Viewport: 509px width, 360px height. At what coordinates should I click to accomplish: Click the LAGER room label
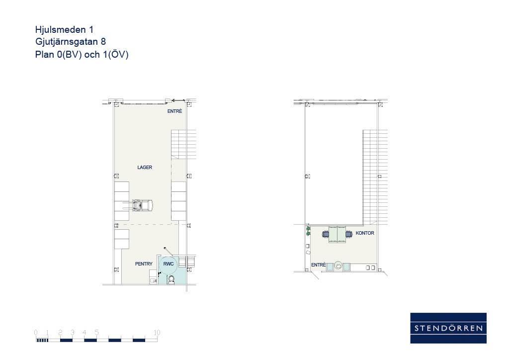coord(145,168)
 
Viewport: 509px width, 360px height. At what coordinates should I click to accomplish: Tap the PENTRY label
coord(144,264)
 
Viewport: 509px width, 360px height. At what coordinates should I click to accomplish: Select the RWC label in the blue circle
coord(168,264)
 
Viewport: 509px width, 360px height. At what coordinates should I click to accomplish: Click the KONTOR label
coord(365,233)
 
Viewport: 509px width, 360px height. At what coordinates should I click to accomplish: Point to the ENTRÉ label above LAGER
coord(174,111)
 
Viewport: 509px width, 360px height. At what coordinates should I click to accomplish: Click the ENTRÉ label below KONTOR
coord(318,265)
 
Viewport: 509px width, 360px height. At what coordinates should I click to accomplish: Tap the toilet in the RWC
coord(171,279)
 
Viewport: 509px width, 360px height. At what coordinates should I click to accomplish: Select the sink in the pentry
coord(153,280)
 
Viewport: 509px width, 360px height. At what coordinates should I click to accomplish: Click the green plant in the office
coord(308,231)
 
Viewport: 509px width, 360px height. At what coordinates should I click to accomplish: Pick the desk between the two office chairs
coord(338,234)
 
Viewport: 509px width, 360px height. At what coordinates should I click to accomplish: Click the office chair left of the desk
coord(326,234)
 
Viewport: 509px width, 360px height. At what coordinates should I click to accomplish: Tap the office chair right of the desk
coord(349,234)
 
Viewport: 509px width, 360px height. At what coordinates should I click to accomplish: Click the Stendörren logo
coord(448,328)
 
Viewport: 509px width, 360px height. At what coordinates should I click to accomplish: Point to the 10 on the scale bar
coord(157,333)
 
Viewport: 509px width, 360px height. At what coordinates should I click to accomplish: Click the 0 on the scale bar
coord(36,333)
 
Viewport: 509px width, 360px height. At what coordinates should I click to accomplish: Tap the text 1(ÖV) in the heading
coord(116,54)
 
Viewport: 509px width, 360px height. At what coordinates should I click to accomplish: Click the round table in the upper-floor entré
coord(338,266)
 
